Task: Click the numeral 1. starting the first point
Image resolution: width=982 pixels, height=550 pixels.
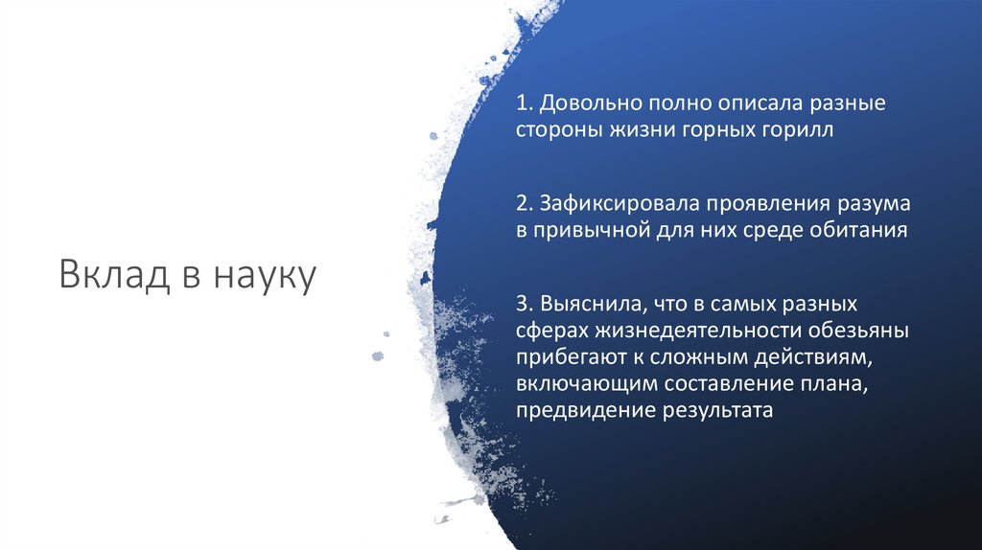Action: coord(524,103)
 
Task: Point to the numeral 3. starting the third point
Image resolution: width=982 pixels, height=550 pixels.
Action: coord(524,304)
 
